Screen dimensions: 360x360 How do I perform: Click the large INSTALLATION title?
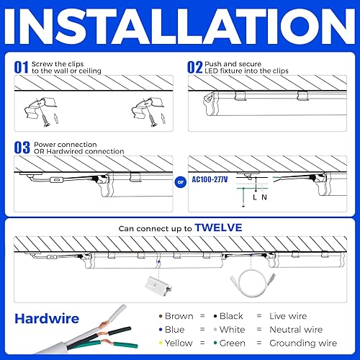coord(180,27)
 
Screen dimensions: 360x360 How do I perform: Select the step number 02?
coord(194,67)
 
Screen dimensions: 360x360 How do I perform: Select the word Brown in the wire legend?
coord(179,316)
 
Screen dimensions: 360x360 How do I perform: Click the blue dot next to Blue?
coord(159,330)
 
